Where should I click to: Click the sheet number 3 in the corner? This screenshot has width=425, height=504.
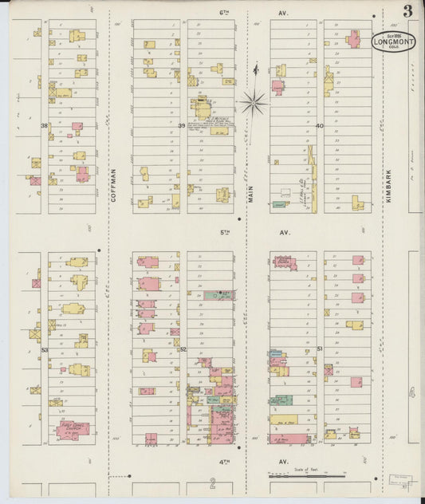tap(407, 10)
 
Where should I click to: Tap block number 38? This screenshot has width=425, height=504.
tap(45, 126)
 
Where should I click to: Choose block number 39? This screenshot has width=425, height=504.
tap(182, 126)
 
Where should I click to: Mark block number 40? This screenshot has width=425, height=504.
tap(319, 126)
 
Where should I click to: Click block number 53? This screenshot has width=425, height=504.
tap(45, 349)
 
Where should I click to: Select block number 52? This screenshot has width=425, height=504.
tap(183, 349)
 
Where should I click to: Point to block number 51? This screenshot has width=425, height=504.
tap(319, 349)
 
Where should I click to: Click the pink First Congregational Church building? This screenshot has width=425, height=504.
tap(73, 429)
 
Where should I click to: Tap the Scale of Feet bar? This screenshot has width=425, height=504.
tap(307, 475)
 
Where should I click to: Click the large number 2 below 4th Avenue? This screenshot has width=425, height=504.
tap(212, 483)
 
